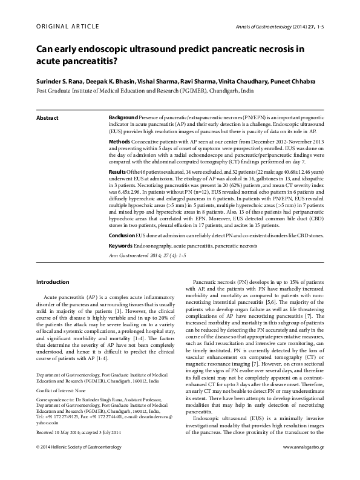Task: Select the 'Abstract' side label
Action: point(47,116)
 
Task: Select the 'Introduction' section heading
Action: point(53,282)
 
